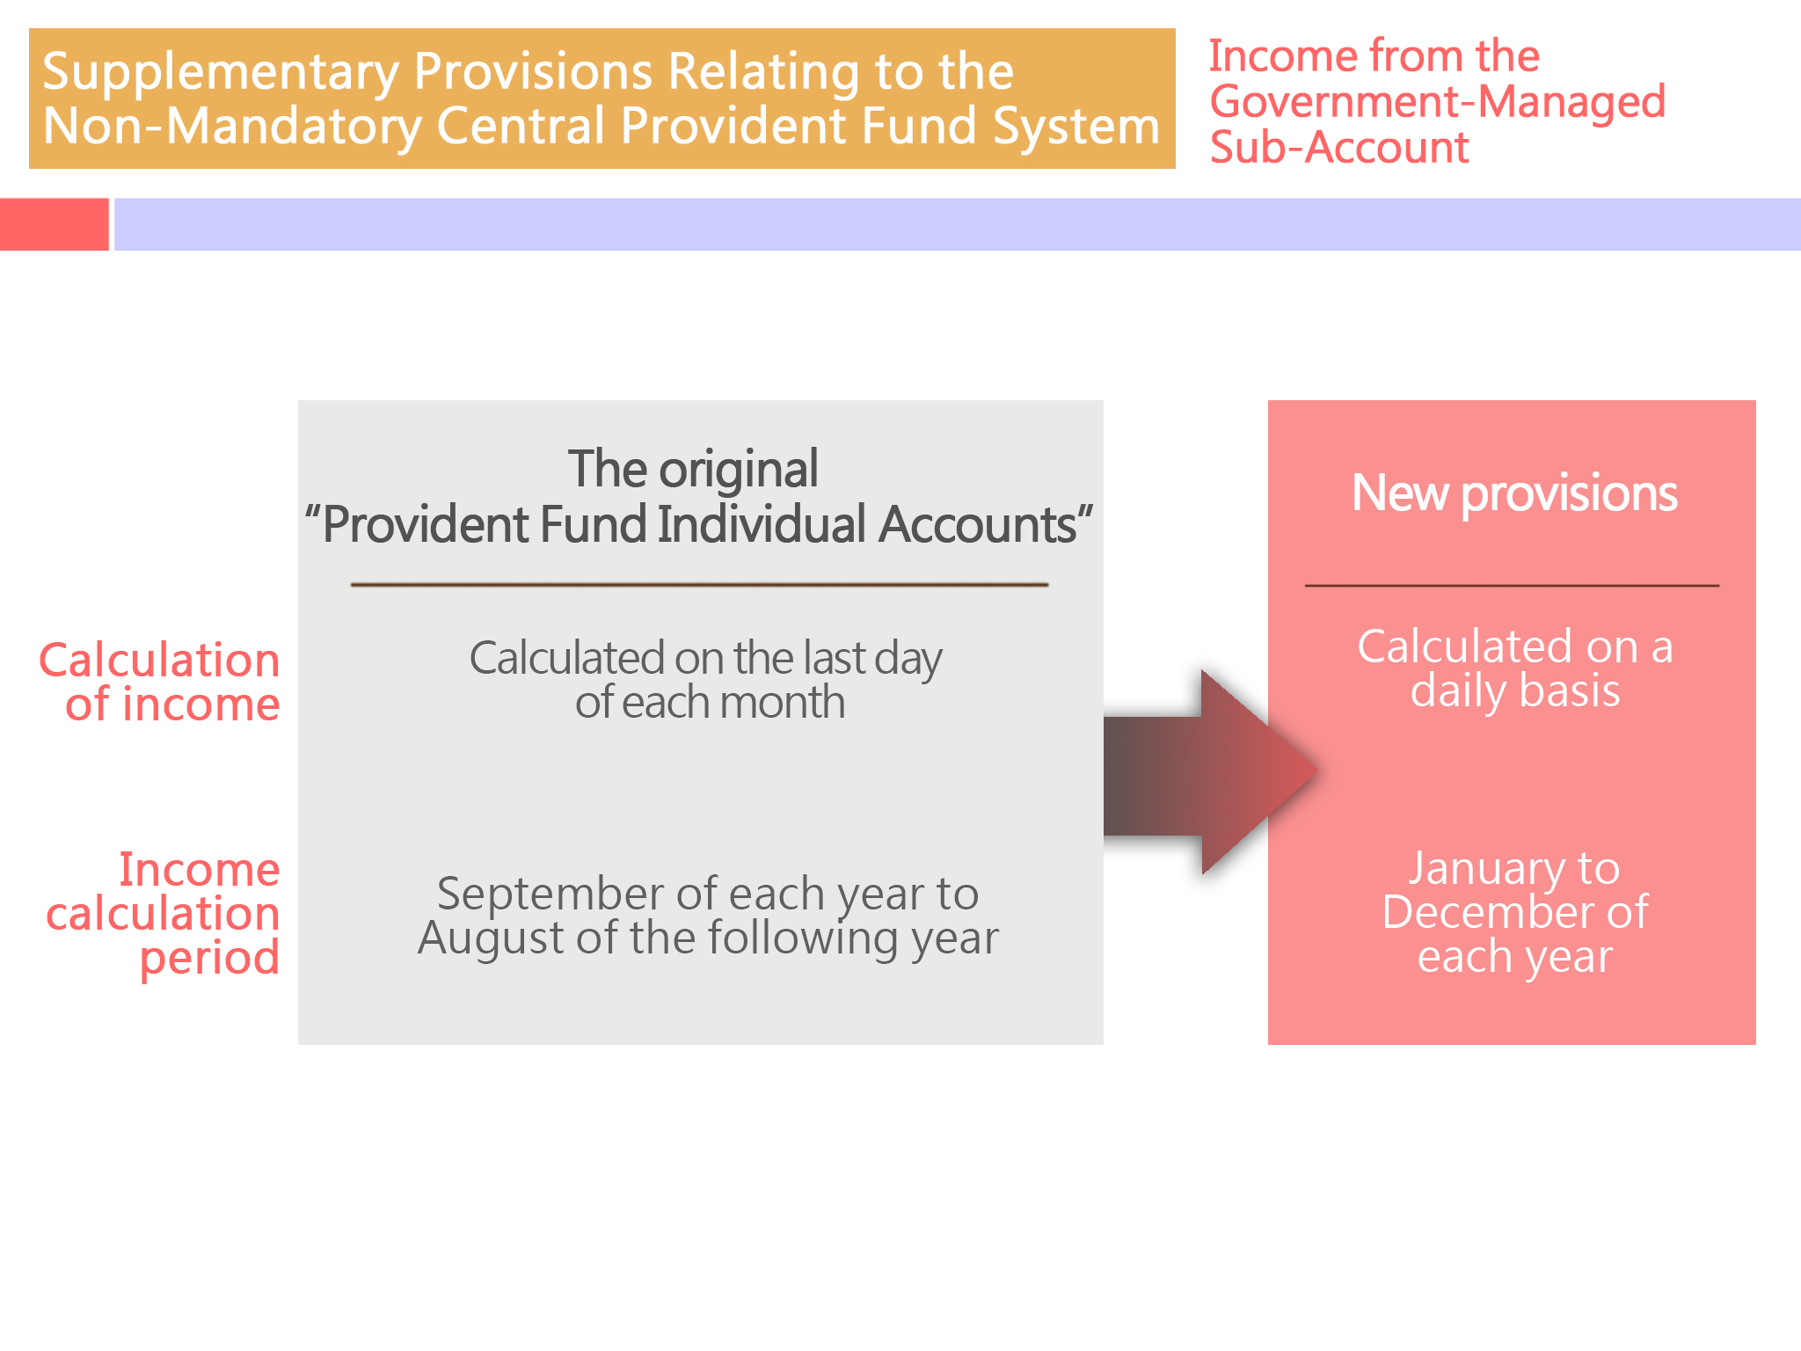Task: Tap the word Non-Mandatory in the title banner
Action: pos(232,125)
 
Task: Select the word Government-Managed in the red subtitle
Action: pos(1438,102)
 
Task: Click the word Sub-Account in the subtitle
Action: pos(1339,147)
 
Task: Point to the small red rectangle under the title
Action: pos(55,224)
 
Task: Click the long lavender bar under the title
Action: pos(958,224)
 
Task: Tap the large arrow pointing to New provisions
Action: pos(1211,772)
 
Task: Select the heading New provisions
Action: pos(1514,493)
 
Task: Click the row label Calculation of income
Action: pos(160,683)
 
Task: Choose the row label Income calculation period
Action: pos(164,914)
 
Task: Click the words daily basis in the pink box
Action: pos(1515,691)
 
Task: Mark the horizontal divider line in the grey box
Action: pos(700,584)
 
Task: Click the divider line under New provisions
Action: pos(1512,585)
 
